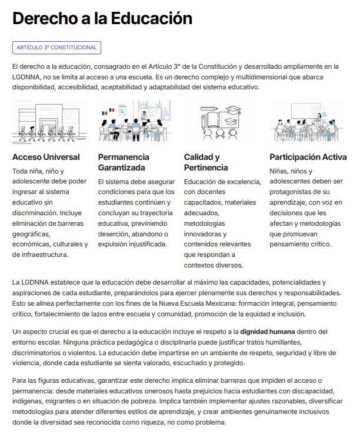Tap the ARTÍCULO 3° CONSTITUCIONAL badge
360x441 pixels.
56,48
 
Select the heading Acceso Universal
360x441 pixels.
46,157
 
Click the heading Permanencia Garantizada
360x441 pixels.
124,162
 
